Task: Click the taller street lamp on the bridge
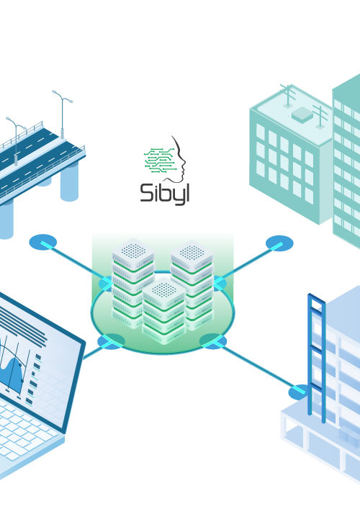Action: point(63,114)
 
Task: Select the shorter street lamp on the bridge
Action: point(16,140)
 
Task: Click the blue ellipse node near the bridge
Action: point(43,242)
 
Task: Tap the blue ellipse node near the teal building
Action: point(279,243)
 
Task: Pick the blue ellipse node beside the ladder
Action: point(299,392)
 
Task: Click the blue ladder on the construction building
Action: point(317,357)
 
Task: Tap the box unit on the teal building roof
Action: point(302,114)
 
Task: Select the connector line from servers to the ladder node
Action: point(256,366)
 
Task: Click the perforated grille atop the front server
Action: point(164,289)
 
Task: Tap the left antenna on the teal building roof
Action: point(288,96)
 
